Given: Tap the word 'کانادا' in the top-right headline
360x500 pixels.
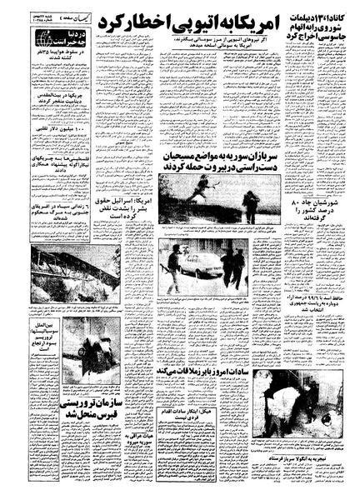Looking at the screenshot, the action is click(337, 18).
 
